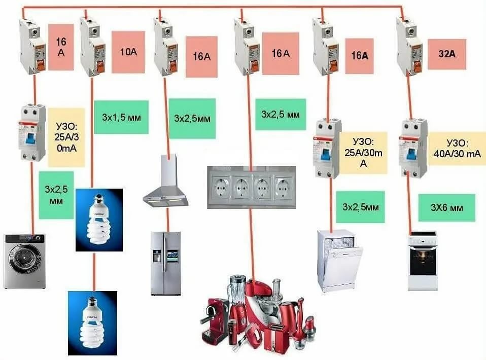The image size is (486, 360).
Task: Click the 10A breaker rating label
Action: [x=128, y=52]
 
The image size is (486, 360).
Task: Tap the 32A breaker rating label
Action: [x=447, y=54]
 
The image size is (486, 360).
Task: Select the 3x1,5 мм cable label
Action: [x=121, y=117]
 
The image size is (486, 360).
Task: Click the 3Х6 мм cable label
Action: [x=446, y=207]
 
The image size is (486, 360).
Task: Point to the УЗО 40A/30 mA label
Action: [x=457, y=148]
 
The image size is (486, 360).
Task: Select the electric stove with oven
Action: [x=423, y=261]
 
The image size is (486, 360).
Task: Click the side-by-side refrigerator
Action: [x=166, y=263]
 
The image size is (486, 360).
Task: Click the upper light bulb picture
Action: [x=99, y=220]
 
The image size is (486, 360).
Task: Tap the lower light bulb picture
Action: [x=93, y=323]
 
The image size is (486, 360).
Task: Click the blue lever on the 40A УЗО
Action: [x=411, y=154]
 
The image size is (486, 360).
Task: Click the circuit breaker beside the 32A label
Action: [x=409, y=47]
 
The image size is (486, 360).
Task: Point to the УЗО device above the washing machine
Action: [x=32, y=133]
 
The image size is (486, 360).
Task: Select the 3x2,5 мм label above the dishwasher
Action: [x=361, y=207]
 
